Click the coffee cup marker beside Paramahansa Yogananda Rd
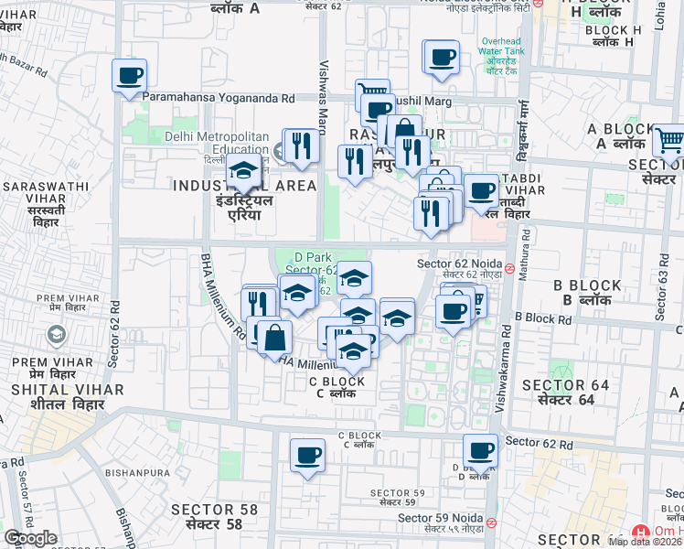[x=130, y=76]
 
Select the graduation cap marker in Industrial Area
[x=244, y=172]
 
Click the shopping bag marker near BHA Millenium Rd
[x=274, y=338]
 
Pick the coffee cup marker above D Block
[x=481, y=451]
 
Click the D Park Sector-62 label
[x=311, y=263]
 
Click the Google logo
[x=31, y=538]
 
